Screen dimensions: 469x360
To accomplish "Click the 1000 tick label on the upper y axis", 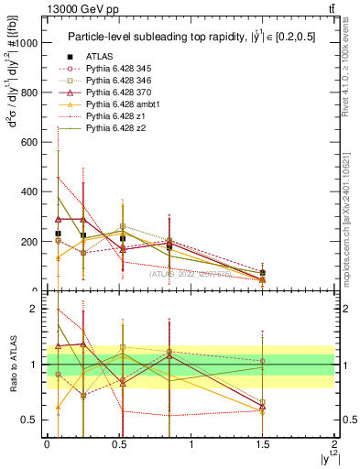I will pyautogui.click(x=27, y=42).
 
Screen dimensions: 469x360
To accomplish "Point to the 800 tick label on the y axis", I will pyautogui.click(x=30, y=93).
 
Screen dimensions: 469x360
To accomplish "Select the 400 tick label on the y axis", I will pyautogui.click(x=30, y=192).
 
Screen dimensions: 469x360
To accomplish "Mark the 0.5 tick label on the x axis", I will pyautogui.click(x=118, y=444).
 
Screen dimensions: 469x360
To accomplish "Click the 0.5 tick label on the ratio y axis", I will pyautogui.click(x=30, y=420).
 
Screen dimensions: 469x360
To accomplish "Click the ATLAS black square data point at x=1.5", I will pyautogui.click(x=263, y=273).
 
